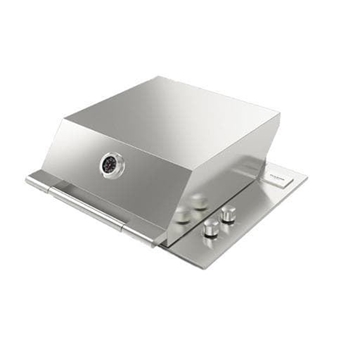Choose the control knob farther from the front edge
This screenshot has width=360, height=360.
coord(230,214)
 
